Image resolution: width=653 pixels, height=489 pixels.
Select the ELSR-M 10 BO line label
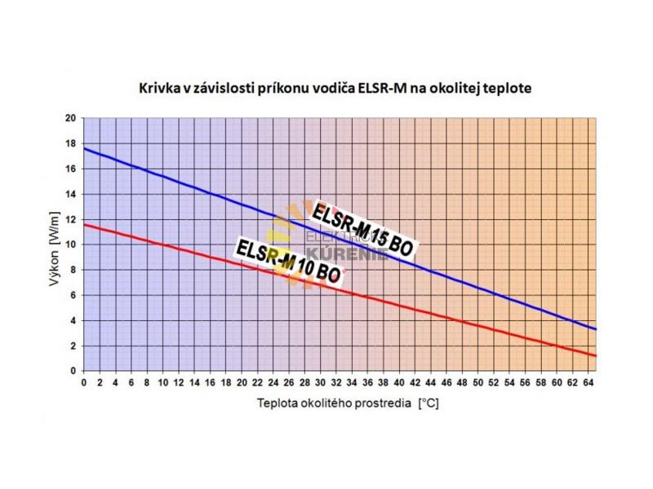[x=287, y=260]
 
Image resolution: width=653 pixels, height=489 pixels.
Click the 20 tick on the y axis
[x=71, y=118]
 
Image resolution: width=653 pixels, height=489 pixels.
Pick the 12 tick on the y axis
[x=71, y=219]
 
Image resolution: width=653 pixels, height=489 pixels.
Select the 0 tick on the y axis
[x=73, y=371]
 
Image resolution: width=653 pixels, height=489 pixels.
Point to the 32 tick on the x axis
[x=336, y=381]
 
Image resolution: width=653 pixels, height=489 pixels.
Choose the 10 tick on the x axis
[x=162, y=381]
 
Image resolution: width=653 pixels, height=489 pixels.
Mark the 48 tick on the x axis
[x=463, y=381]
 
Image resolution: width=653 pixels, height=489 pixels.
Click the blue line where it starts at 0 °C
[x=84, y=148]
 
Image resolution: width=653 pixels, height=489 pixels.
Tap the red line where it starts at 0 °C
[x=84, y=224]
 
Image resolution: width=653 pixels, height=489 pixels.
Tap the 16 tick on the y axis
[x=71, y=169]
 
